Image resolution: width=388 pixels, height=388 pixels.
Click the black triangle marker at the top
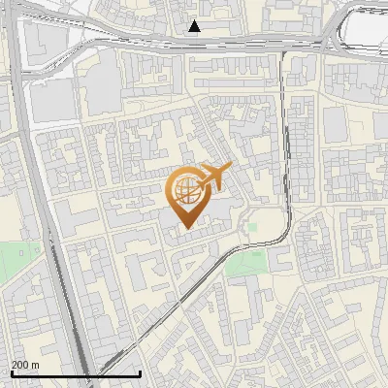click(x=195, y=26)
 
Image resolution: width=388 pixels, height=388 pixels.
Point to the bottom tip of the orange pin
click(x=184, y=228)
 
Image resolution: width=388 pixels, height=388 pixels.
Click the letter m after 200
click(x=35, y=365)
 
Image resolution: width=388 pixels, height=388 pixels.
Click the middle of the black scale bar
click(x=76, y=373)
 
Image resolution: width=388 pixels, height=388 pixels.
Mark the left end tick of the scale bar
click(x=12, y=372)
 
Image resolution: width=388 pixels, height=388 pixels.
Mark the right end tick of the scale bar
click(x=141, y=372)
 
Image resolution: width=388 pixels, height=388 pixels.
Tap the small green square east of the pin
click(x=253, y=226)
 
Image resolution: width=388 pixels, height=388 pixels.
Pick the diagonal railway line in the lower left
click(x=155, y=320)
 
